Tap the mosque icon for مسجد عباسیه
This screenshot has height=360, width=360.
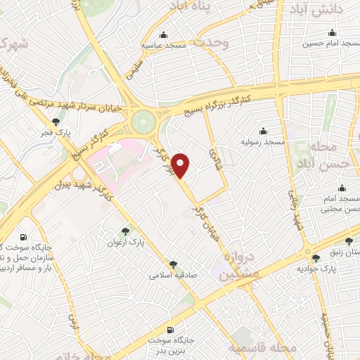click(163, 35)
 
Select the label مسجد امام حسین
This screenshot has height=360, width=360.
click(326, 43)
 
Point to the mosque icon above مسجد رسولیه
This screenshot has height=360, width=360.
click(263, 131)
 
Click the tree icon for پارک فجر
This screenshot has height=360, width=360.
click(56, 122)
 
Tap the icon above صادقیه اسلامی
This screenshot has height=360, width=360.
click(173, 264)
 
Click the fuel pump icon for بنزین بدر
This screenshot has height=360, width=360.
click(170, 329)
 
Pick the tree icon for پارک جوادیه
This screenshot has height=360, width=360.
click(316, 258)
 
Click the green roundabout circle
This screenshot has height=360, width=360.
click(144, 120)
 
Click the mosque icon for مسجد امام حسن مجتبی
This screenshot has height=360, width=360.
click(342, 188)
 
